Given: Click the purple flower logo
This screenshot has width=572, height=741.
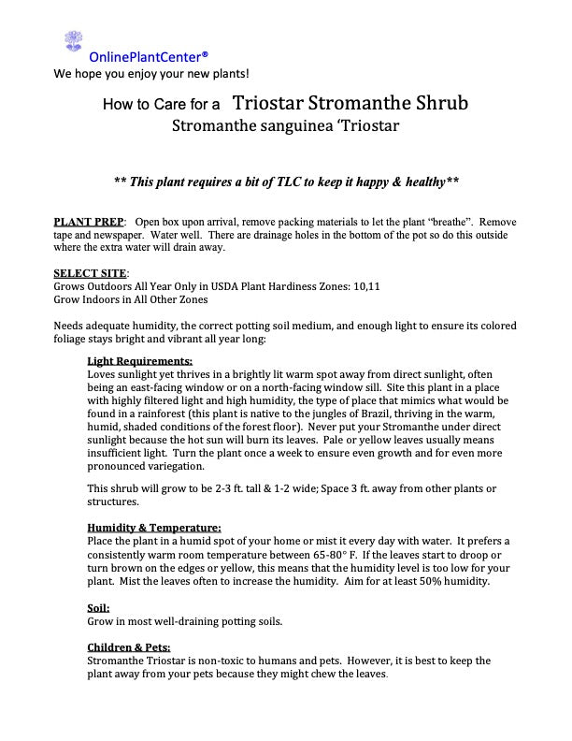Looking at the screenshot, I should [x=73, y=41].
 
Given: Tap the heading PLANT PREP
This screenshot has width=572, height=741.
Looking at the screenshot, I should [x=88, y=221].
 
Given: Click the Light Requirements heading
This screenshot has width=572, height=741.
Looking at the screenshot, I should [x=139, y=360].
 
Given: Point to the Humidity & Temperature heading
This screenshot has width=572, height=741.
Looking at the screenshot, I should [x=153, y=528].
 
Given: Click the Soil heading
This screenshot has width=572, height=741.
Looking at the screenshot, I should [x=98, y=607].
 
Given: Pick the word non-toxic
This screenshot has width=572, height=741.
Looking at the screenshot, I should [x=230, y=661].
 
